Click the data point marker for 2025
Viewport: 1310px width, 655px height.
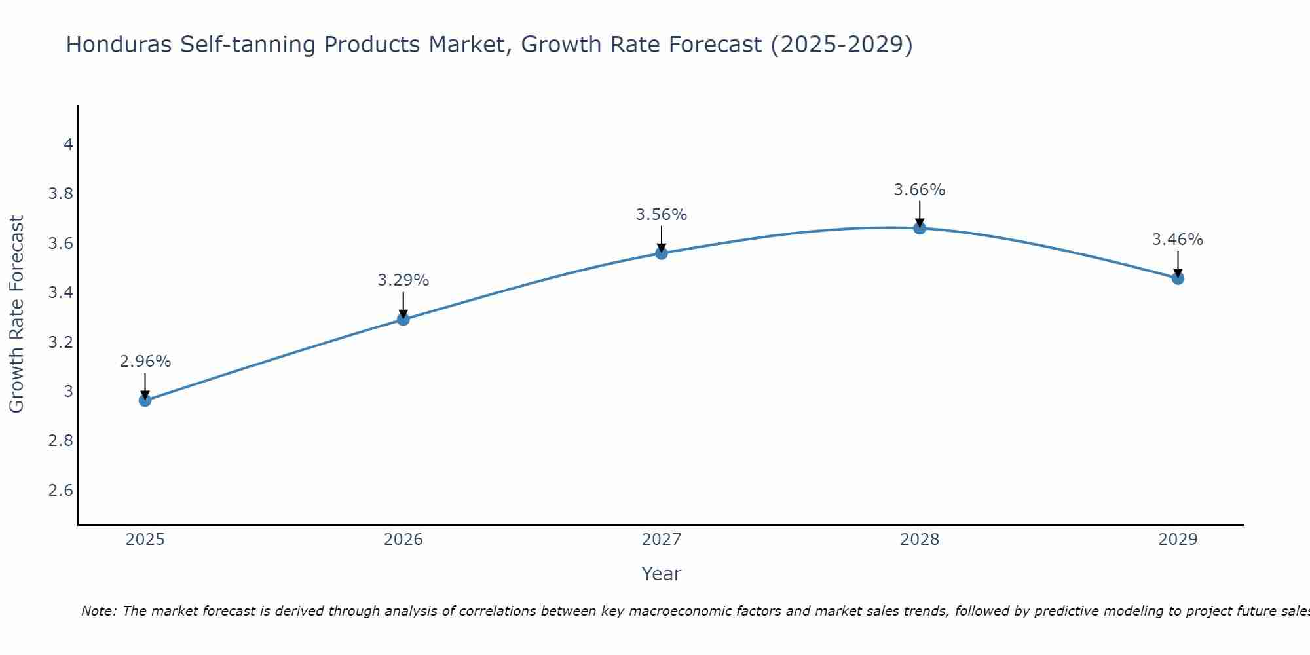(x=145, y=400)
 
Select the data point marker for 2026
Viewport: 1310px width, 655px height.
(x=403, y=319)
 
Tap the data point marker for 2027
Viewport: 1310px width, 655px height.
(x=662, y=253)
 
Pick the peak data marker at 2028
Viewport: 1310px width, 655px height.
(x=920, y=228)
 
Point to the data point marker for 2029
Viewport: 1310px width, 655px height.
(x=1178, y=278)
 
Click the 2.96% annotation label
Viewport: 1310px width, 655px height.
(x=145, y=362)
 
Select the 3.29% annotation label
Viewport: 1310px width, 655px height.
(x=403, y=280)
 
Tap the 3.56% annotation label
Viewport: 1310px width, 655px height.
(x=662, y=215)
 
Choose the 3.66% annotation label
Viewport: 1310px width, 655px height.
(x=920, y=190)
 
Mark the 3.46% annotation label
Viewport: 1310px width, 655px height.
(x=1178, y=240)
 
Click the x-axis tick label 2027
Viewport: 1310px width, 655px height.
(x=662, y=540)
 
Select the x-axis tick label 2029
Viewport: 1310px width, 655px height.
(x=1178, y=540)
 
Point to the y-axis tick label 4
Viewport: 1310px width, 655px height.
(x=68, y=144)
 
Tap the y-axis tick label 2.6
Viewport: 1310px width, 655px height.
(x=61, y=491)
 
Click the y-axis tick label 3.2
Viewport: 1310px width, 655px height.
(x=61, y=343)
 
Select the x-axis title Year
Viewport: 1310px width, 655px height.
(x=662, y=574)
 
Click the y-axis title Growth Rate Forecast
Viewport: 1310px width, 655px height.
(x=16, y=314)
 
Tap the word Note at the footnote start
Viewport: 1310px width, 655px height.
(x=98, y=611)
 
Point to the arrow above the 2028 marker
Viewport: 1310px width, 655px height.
(x=920, y=214)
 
